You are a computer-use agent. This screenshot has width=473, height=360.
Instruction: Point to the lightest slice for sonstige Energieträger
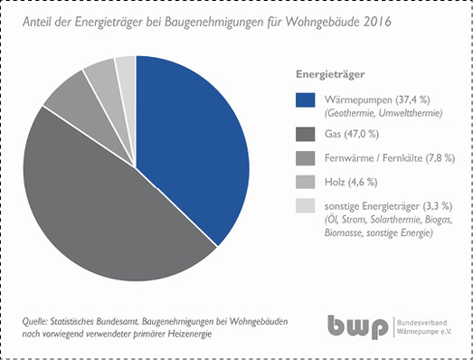pos(127,68)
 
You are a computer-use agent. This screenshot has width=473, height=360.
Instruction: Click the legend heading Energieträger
pos(330,72)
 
